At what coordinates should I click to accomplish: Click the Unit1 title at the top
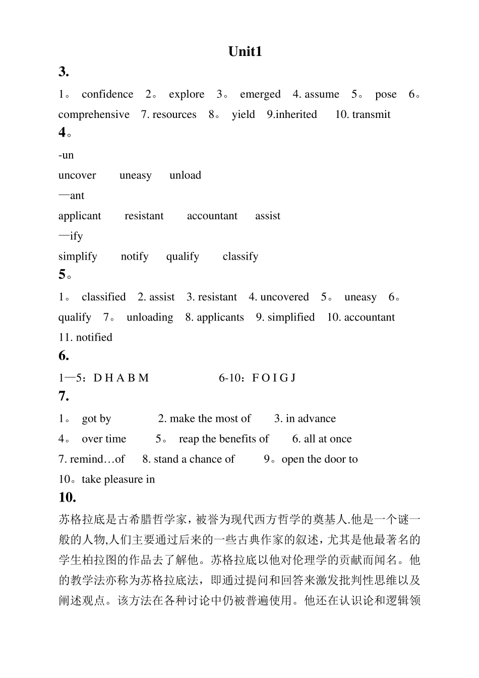click(x=245, y=52)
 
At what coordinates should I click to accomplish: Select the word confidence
click(x=107, y=94)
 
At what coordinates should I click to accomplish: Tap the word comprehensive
click(x=94, y=114)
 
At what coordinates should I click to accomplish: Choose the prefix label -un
click(x=66, y=155)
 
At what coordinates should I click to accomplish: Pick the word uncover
click(x=77, y=175)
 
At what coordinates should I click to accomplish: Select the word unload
click(x=185, y=175)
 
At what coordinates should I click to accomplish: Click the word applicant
click(x=80, y=216)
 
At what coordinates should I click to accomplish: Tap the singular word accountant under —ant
click(x=212, y=216)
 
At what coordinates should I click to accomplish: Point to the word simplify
click(x=78, y=257)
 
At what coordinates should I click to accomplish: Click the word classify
click(x=240, y=257)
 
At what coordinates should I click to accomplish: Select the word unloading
click(x=150, y=317)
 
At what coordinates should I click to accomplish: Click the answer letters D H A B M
click(x=122, y=378)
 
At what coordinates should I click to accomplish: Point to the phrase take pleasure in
click(x=118, y=479)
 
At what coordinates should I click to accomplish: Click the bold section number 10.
click(x=67, y=498)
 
